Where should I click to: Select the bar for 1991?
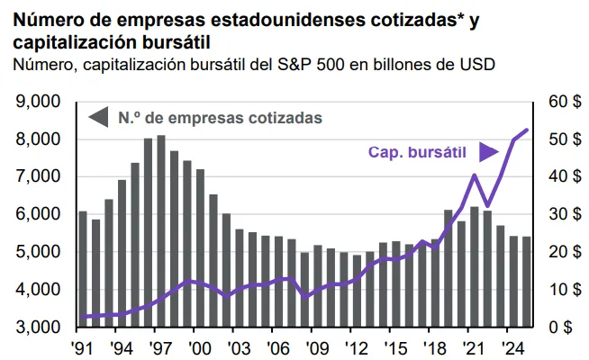click(83, 269)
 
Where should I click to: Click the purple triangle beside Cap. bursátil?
click(487, 152)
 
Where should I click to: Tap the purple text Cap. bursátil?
click(419, 152)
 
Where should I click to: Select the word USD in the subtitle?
click(477, 64)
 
